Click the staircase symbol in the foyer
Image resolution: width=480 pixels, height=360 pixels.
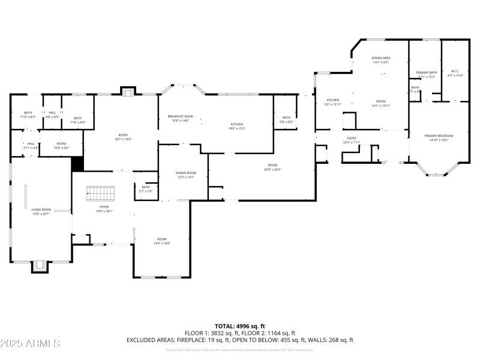pyautogui.click(x=100, y=193)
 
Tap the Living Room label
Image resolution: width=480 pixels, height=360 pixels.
pyautogui.click(x=41, y=210)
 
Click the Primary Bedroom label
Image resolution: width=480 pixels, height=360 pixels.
pyautogui.click(x=439, y=136)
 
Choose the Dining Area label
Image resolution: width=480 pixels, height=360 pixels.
pyautogui.click(x=381, y=58)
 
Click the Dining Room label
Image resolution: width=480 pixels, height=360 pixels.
pyautogui.click(x=185, y=173)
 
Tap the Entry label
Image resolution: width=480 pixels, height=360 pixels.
pyautogui.click(x=351, y=139)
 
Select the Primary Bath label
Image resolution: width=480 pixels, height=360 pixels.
pyautogui.click(x=427, y=73)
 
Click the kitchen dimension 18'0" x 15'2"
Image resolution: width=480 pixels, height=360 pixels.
pyautogui.click(x=236, y=128)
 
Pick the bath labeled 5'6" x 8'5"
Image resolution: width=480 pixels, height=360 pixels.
pyautogui.click(x=286, y=119)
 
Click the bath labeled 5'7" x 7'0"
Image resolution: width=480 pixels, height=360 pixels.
pyautogui.click(x=146, y=189)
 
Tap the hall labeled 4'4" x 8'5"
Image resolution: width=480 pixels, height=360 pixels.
pyautogui.click(x=52, y=115)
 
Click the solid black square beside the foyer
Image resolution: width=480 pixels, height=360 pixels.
pyautogui.click(x=77, y=164)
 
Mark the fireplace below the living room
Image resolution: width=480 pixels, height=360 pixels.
pyautogui.click(x=40, y=266)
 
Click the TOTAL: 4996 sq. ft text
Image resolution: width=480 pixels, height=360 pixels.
pyautogui.click(x=239, y=326)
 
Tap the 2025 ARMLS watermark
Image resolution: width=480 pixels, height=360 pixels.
pyautogui.click(x=30, y=344)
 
